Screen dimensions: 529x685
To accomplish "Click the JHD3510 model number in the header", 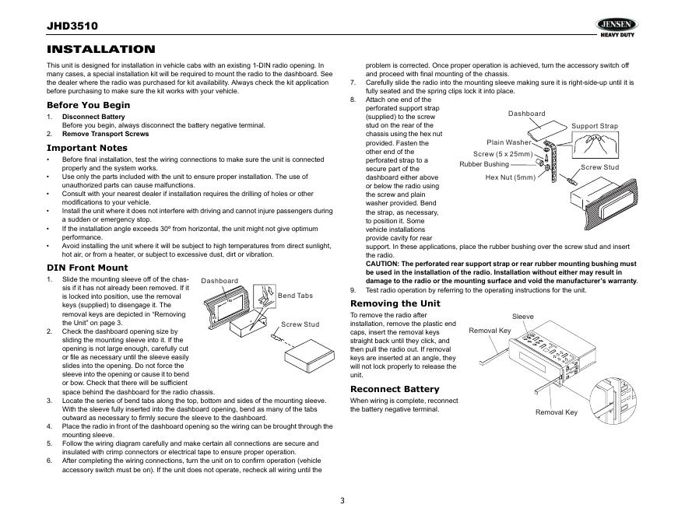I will pos(72,26).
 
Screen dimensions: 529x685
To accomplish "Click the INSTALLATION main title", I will pos(101,50).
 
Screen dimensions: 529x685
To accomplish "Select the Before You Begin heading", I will pos(89,105).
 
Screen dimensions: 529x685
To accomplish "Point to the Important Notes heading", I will pos(87,148).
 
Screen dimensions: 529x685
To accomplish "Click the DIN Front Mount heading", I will pos(87,268).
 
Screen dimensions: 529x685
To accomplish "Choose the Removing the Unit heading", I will pos(395,303).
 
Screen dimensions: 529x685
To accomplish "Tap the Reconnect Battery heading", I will pos(395,389).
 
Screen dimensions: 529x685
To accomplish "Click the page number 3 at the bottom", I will pos(342,499).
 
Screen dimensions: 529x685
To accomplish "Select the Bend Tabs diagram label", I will pos(295,296).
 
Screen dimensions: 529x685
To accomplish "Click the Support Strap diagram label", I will pos(595,126).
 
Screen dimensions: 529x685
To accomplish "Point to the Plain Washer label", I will pos(509,142).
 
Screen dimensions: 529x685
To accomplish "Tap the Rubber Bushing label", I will pos(484,164).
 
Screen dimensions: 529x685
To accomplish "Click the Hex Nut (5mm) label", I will pos(511,177).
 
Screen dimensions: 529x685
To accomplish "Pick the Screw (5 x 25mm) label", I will pos(503,154).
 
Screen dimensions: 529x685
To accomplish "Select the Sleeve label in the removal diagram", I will pos(523,317).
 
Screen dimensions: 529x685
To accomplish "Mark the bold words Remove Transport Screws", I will pos(105,133).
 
